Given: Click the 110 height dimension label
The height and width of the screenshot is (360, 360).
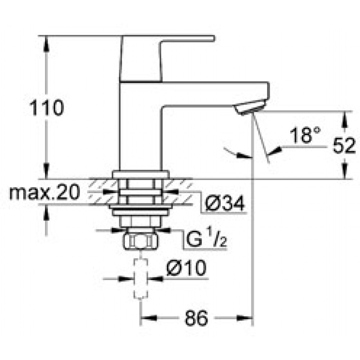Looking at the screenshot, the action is pos(46,107).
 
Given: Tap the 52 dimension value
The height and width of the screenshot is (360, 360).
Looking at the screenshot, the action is pos(344,145).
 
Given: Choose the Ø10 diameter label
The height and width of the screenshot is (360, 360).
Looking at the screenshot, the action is pos(186,268).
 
